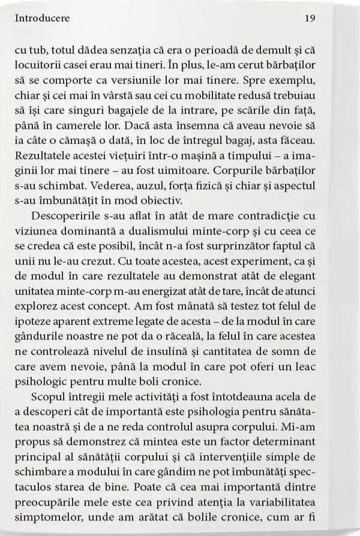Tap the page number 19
tap(310, 18)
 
